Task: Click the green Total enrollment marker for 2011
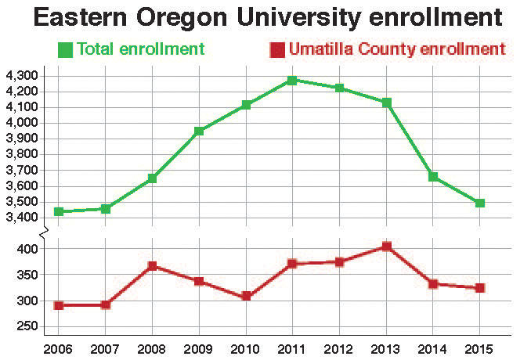pos(291,80)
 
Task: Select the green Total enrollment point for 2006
pos(58,211)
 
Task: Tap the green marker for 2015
pos(479,203)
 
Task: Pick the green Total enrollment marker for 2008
pos(152,178)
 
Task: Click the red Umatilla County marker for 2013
pos(386,247)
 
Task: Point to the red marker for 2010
pos(246,297)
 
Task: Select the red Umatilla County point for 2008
pos(152,266)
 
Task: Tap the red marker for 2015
pos(479,288)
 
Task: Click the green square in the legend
pos(66,50)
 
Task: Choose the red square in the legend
pos(276,50)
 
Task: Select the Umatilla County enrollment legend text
pos(396,50)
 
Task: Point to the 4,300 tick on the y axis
pos(22,76)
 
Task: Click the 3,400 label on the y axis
pos(22,218)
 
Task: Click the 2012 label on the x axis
pos(339,346)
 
